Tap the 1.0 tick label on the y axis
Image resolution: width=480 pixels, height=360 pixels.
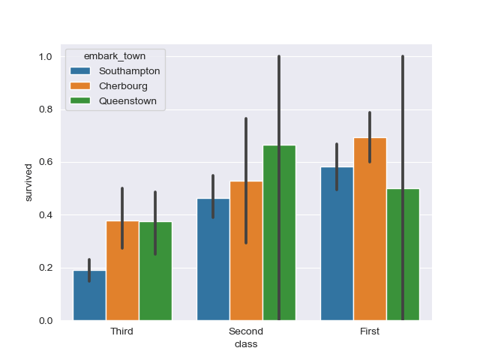coord(44,57)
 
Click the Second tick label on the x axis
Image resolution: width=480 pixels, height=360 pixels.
coord(245,331)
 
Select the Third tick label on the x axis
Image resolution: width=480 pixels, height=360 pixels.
coord(121,331)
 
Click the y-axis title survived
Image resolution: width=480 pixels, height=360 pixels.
coord(28,182)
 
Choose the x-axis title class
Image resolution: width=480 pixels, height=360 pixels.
coord(245,344)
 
